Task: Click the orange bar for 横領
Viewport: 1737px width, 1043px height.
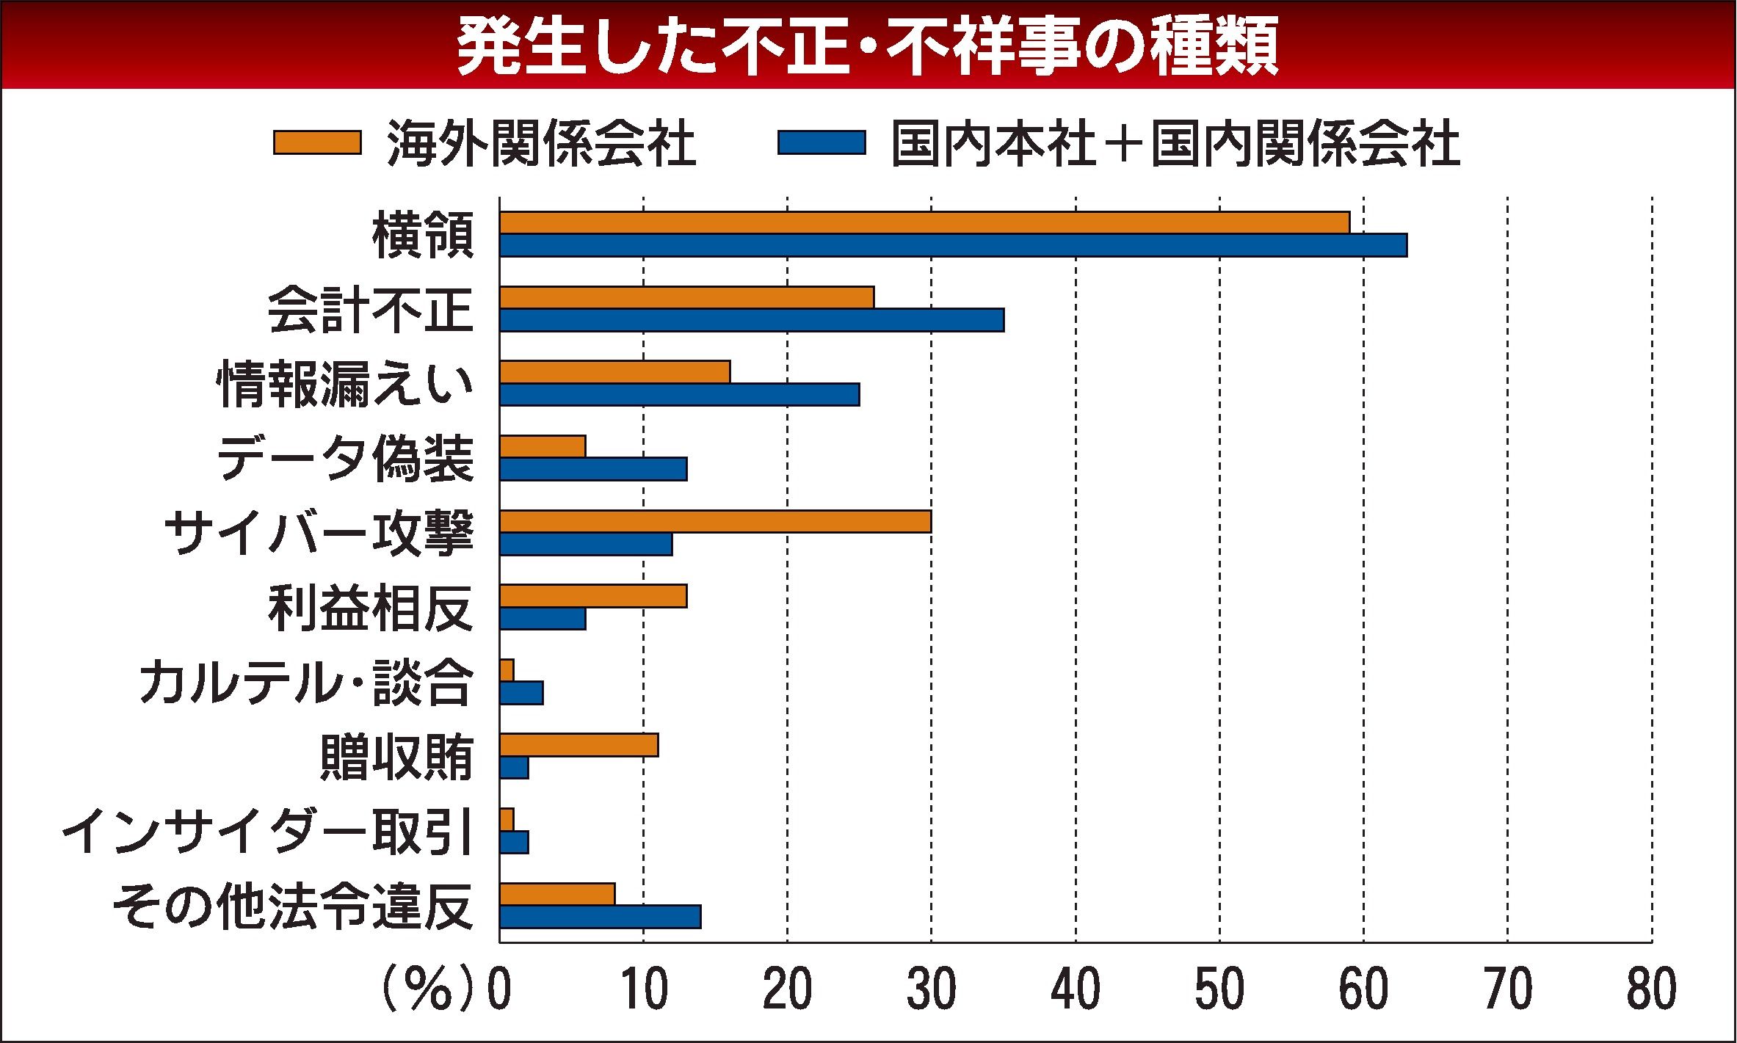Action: coord(924,222)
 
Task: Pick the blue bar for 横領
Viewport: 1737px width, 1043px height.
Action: coord(953,246)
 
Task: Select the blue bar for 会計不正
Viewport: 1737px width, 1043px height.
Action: coord(752,321)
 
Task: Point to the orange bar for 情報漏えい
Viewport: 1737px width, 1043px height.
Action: coord(614,372)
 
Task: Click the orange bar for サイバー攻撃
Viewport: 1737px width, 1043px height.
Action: coord(715,522)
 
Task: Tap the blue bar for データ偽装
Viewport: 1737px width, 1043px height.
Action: coord(593,469)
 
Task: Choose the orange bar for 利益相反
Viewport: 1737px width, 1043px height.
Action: coord(593,596)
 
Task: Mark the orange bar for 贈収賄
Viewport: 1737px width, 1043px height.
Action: coord(579,745)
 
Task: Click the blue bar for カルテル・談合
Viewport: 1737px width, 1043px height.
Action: coord(521,693)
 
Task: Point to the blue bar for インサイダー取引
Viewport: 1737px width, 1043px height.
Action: coord(514,843)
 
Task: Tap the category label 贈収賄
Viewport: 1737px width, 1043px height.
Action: coord(396,757)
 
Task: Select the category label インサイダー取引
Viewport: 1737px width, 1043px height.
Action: coord(266,833)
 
